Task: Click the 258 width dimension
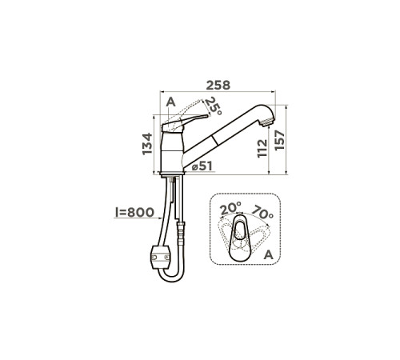pyautogui.click(x=218, y=86)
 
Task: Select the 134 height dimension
pyautogui.click(x=147, y=144)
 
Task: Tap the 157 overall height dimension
pyautogui.click(x=279, y=140)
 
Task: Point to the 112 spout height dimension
pyautogui.click(x=262, y=148)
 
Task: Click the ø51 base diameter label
pyautogui.click(x=202, y=166)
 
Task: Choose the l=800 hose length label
pyautogui.click(x=134, y=212)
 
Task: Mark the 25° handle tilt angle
pyautogui.click(x=213, y=106)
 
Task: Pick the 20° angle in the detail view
pyautogui.click(x=230, y=208)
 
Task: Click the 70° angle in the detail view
pyautogui.click(x=262, y=212)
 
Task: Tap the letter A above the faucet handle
pyautogui.click(x=171, y=102)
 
